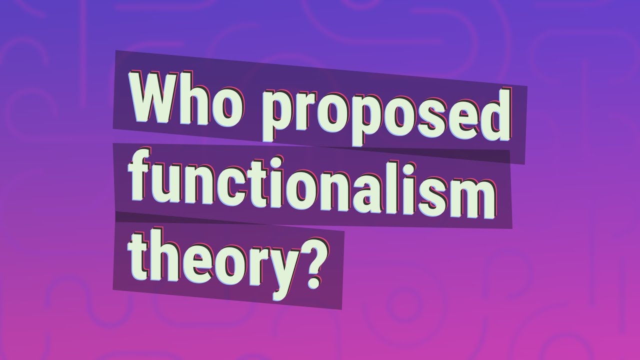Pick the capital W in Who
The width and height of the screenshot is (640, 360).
[x=152, y=98]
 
